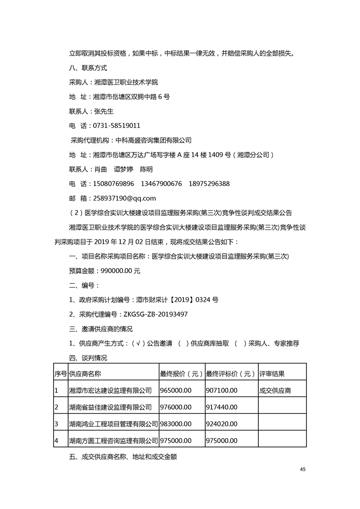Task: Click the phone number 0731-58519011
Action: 116,126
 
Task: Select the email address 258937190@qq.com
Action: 124,198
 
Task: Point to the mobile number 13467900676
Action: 161,184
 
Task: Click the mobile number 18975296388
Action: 209,184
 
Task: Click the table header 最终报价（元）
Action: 181,374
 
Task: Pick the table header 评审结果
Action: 272,374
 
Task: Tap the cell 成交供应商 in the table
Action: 275,390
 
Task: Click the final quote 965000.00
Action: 176,390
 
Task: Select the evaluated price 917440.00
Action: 222,407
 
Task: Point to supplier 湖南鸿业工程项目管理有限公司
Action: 113,424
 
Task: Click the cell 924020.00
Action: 222,424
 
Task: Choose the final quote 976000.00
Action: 176,407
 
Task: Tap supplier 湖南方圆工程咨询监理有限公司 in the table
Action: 113,440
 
